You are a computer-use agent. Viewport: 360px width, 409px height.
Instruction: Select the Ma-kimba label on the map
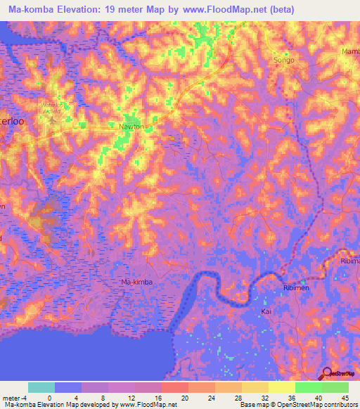[x=136, y=282]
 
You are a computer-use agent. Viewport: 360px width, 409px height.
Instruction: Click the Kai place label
[x=266, y=310]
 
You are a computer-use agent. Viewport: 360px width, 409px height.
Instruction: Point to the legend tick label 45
[x=344, y=397]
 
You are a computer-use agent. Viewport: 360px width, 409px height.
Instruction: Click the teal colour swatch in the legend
[x=41, y=387]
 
